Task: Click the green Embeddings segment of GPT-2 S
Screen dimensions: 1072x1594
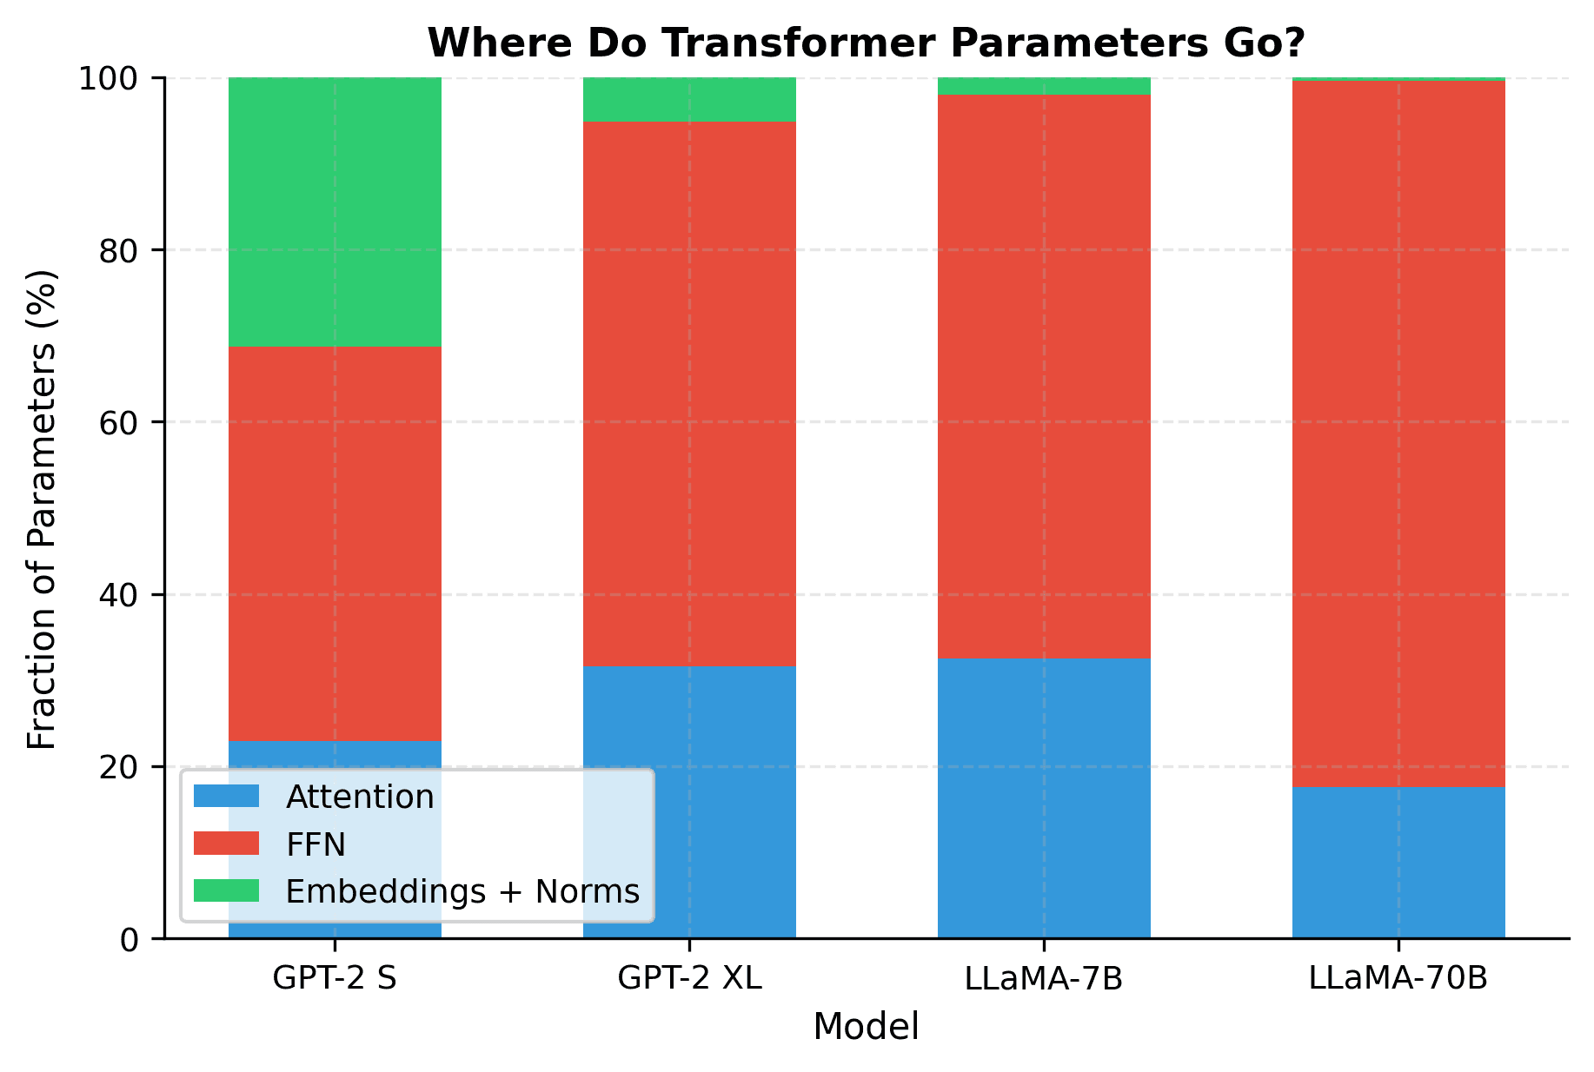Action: pyautogui.click(x=335, y=212)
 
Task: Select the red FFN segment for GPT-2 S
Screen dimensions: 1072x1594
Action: pyautogui.click(x=335, y=544)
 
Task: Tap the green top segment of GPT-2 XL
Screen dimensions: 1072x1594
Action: pyautogui.click(x=689, y=99)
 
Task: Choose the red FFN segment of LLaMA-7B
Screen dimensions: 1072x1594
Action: pyautogui.click(x=1044, y=376)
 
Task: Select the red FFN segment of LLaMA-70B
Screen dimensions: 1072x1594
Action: pyautogui.click(x=1398, y=433)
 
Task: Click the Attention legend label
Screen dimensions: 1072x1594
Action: pyautogui.click(x=360, y=797)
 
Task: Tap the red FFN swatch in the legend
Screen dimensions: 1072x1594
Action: pyautogui.click(x=226, y=844)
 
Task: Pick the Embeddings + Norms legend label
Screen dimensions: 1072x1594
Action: pyautogui.click(x=462, y=891)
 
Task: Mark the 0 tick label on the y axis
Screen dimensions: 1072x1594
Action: pyautogui.click(x=129, y=940)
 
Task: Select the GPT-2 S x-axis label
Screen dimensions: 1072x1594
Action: pyautogui.click(x=335, y=978)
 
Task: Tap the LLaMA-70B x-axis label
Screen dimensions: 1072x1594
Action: pyautogui.click(x=1398, y=978)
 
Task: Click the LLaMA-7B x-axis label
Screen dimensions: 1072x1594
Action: pyautogui.click(x=1044, y=978)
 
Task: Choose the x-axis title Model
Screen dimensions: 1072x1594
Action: pyautogui.click(x=866, y=1027)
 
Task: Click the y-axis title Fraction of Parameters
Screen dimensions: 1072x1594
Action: pyautogui.click(x=42, y=508)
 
